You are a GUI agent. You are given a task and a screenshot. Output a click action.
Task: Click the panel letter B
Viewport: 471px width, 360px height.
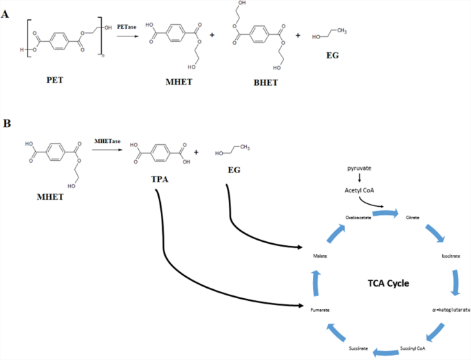tap(7, 124)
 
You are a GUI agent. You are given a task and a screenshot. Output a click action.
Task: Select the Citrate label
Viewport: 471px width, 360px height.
tap(413, 217)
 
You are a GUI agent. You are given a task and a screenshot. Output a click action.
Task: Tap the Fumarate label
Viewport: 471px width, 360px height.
tap(319, 311)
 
